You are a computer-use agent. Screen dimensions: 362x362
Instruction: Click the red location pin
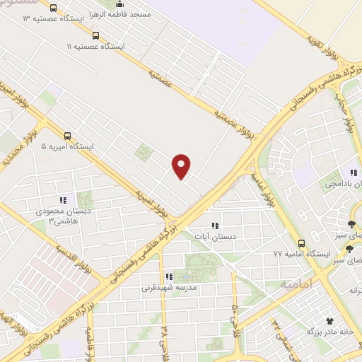(182, 166)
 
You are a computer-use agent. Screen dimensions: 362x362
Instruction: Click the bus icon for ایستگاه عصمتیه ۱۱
(95, 34)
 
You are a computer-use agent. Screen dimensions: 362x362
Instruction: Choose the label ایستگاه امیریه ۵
(67, 147)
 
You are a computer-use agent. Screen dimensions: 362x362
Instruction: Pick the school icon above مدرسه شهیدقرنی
(168, 276)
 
